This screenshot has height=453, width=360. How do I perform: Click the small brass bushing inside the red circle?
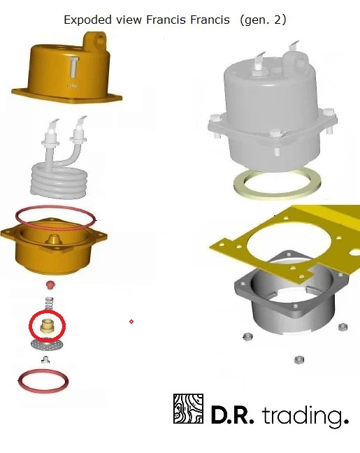[46, 326]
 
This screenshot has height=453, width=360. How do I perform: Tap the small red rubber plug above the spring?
[50, 285]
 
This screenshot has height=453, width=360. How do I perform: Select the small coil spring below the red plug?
[50, 304]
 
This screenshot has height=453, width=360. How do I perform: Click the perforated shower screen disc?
[47, 344]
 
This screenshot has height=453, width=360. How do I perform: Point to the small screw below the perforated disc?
[45, 360]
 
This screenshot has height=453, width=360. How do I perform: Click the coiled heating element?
[60, 173]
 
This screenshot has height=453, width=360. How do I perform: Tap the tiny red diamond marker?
[131, 322]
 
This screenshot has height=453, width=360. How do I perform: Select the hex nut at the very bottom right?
[298, 360]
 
